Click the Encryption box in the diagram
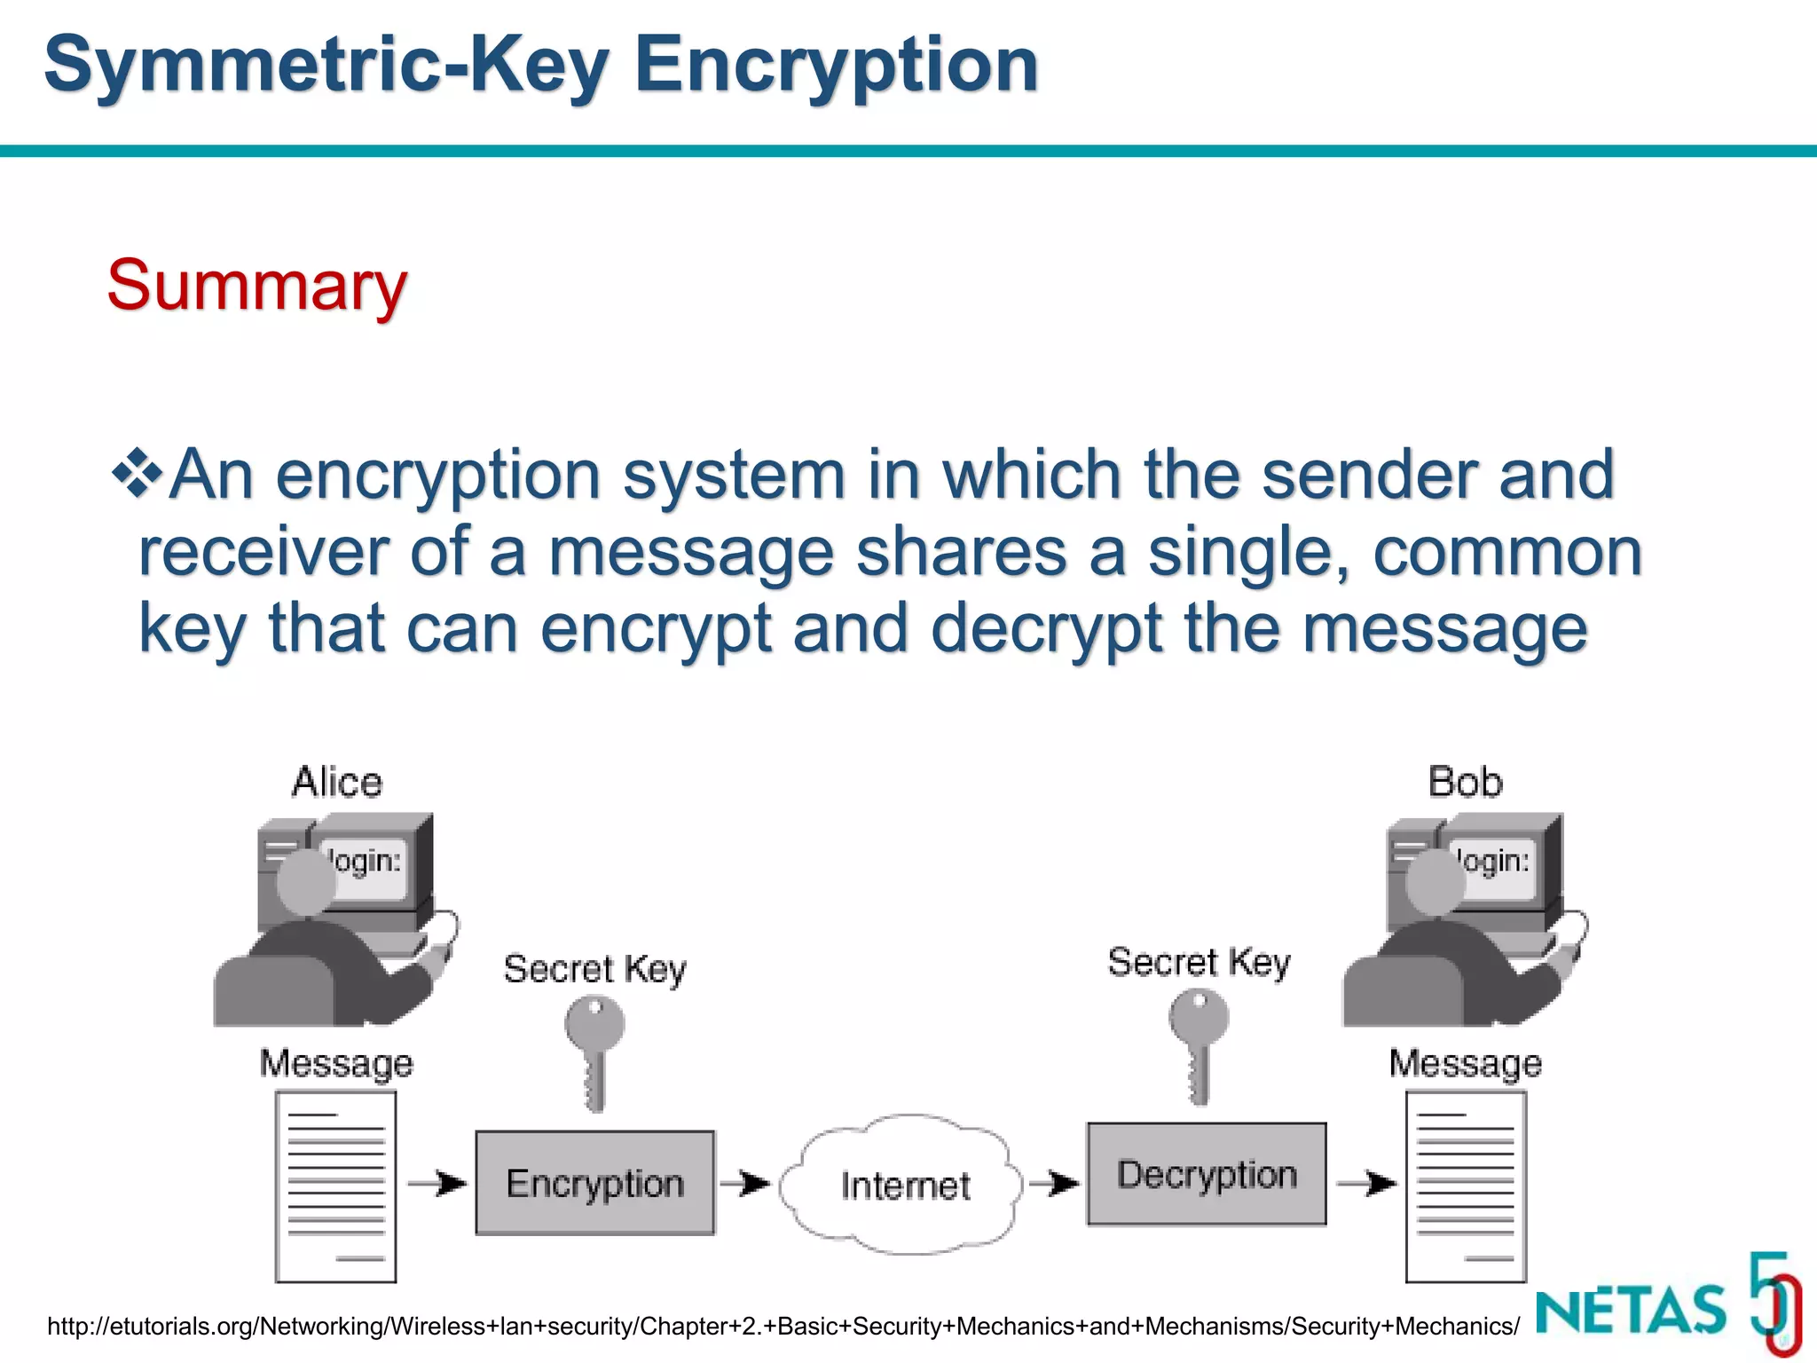point(594,1183)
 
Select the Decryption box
point(1207,1174)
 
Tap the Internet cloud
point(903,1185)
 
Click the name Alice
point(337,783)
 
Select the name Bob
point(1466,783)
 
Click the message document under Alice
point(335,1186)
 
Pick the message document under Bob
point(1466,1186)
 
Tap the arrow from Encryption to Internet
point(744,1183)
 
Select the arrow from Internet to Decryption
point(1053,1183)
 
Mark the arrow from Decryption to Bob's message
point(1366,1183)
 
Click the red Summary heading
point(256,286)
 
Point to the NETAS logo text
point(1631,1310)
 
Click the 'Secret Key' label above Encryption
point(594,969)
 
